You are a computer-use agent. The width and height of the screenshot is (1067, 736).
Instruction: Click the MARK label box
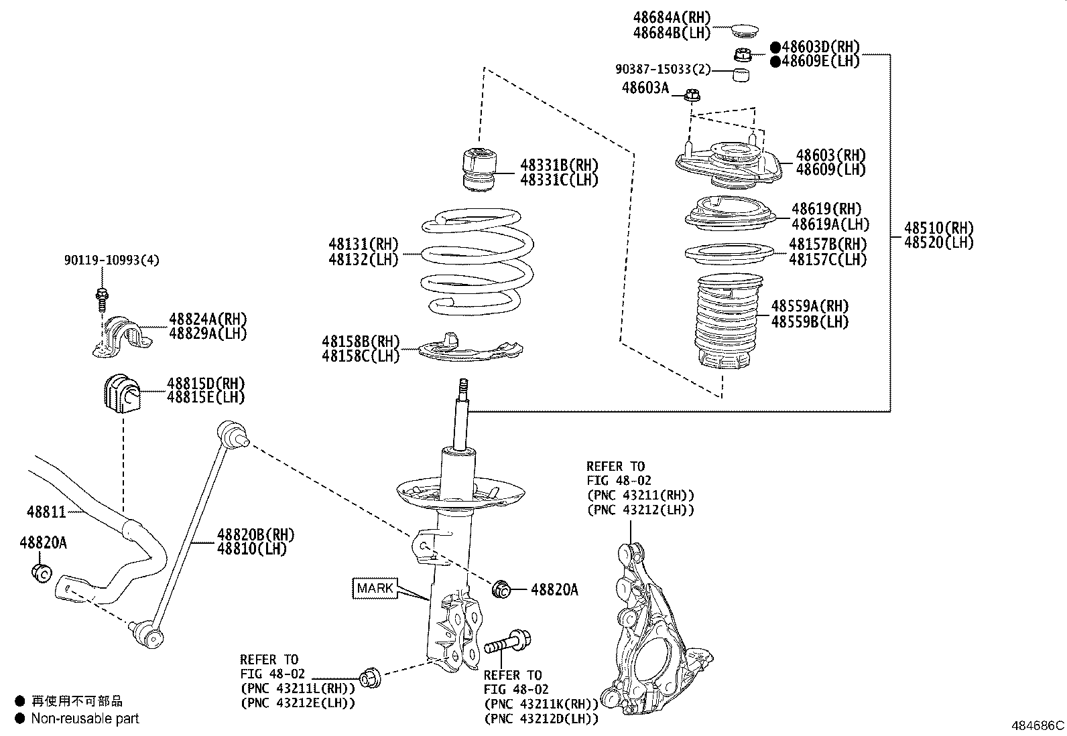[375, 588]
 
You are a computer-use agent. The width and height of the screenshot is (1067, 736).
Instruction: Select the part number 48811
[46, 512]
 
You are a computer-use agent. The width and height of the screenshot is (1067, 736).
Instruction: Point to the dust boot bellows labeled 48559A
[726, 321]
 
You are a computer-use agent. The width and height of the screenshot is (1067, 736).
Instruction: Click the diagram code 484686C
[1038, 725]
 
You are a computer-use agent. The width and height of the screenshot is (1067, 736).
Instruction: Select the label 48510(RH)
[938, 228]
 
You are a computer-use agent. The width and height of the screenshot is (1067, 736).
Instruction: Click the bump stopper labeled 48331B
[480, 171]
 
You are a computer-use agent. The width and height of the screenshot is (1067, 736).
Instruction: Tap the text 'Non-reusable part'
[85, 719]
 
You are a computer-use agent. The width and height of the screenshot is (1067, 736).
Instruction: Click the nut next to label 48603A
[692, 96]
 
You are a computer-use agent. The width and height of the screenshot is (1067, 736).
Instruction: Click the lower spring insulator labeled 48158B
[469, 350]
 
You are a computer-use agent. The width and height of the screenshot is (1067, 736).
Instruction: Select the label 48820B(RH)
[255, 534]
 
